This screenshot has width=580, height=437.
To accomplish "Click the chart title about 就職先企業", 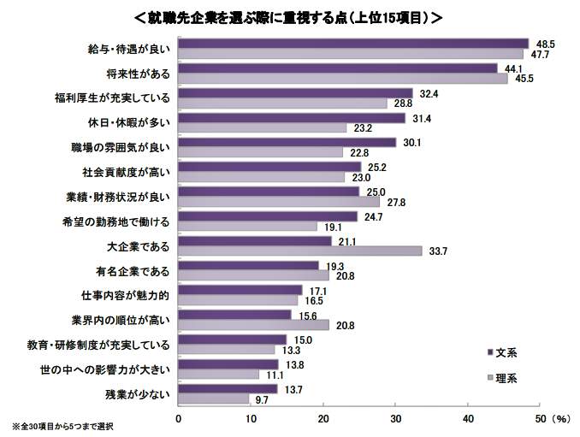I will coord(289,16).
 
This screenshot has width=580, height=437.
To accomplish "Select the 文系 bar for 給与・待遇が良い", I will coord(353,44).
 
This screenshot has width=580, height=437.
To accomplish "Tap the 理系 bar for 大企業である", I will coord(300,251).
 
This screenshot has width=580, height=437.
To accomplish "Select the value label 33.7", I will coord(438,251).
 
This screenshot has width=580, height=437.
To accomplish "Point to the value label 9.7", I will coord(263,399).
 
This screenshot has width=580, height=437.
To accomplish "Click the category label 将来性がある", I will coord(144,74).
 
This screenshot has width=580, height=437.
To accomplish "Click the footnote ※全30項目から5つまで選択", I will coord(62,427).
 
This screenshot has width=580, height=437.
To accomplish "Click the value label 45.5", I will coord(524,79).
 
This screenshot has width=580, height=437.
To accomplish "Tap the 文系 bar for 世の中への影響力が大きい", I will coord(228,365).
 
